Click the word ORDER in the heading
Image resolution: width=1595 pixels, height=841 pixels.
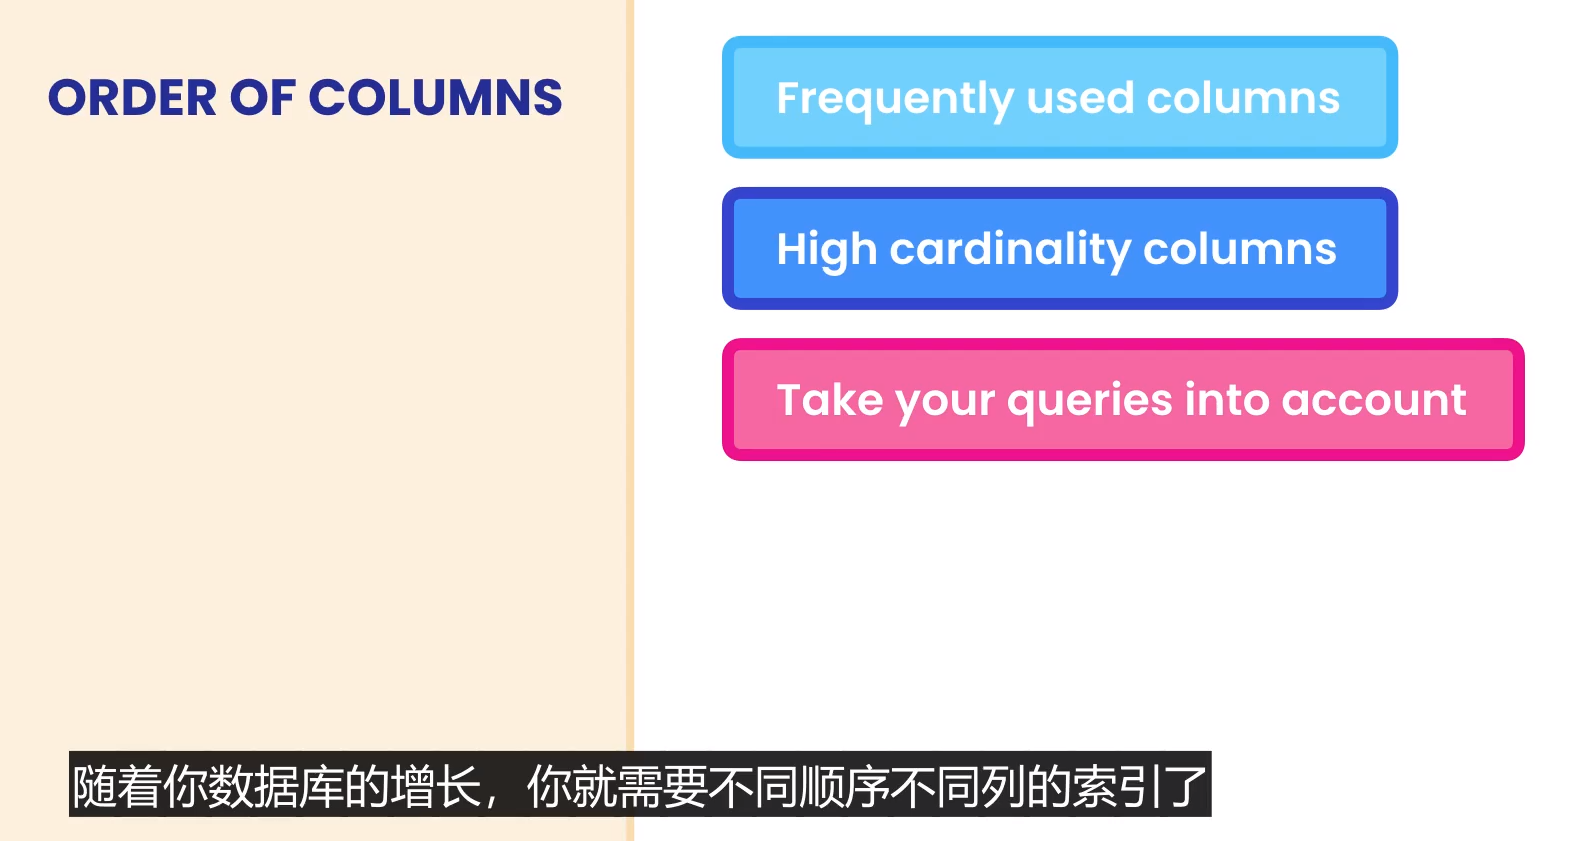tap(132, 98)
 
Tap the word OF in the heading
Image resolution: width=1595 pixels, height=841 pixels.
tap(262, 98)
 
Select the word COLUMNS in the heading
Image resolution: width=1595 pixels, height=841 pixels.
tap(435, 98)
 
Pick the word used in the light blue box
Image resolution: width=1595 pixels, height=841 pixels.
tap(1079, 98)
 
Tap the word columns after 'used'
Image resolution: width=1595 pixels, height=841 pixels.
tap(1243, 98)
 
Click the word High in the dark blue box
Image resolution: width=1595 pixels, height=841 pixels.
tap(827, 251)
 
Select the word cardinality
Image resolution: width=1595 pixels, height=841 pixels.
tap(1010, 251)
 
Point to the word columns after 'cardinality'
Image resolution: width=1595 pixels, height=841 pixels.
tap(1240, 249)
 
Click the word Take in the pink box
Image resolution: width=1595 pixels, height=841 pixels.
tap(830, 399)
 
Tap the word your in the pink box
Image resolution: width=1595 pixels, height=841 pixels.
tap(945, 403)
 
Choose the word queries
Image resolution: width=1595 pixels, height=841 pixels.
tap(1089, 402)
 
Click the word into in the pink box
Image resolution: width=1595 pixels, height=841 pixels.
tap(1227, 399)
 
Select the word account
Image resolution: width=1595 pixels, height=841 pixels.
tap(1374, 401)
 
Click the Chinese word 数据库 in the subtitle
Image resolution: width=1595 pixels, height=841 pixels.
tap(276, 786)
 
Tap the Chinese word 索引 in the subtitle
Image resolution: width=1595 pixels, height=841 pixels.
tap(1116, 786)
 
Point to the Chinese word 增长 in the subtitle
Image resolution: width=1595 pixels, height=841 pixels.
tap(435, 786)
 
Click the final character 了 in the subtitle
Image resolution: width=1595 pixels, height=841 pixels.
tap(1184, 786)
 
